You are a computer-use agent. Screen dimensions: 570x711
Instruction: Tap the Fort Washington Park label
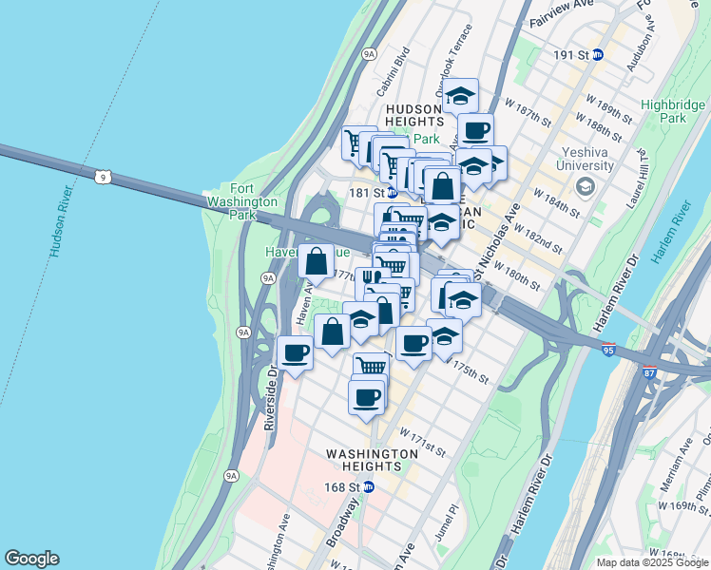click(254, 201)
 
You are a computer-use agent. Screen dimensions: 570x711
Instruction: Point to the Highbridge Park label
click(672, 111)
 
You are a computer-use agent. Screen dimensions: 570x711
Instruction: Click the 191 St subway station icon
click(598, 55)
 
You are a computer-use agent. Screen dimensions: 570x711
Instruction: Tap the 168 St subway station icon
click(370, 487)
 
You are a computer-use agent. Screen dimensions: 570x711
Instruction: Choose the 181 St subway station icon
click(391, 192)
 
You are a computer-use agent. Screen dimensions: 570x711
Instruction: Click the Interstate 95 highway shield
click(607, 350)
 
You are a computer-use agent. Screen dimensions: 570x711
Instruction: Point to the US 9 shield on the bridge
click(111, 176)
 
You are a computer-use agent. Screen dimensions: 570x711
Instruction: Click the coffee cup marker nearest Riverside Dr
click(295, 353)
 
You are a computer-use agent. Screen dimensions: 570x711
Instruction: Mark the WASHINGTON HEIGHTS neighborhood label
click(372, 460)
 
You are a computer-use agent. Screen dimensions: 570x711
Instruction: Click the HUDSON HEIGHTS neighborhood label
click(414, 116)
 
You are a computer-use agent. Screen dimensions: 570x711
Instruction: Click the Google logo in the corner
click(31, 559)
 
